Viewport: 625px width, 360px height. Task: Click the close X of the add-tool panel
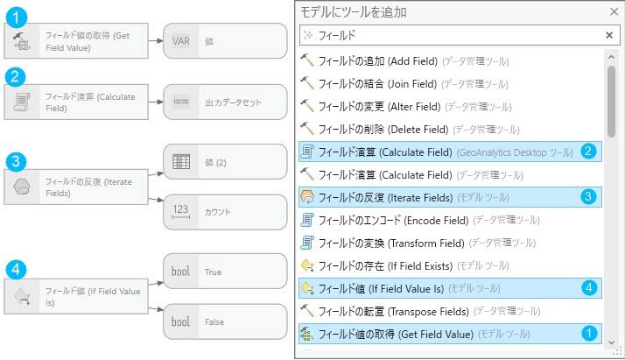tap(613, 12)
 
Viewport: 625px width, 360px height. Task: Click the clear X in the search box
tap(609, 35)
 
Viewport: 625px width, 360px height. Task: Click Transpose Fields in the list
tap(411, 310)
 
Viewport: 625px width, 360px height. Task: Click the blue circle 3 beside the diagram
tap(14, 161)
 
